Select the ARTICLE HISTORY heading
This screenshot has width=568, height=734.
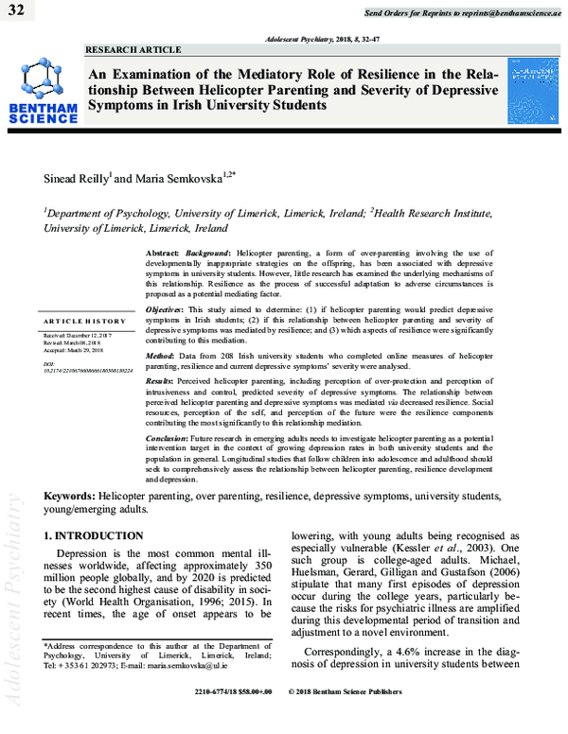[x=84, y=322]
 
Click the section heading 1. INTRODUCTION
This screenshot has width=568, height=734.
[x=95, y=535]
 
